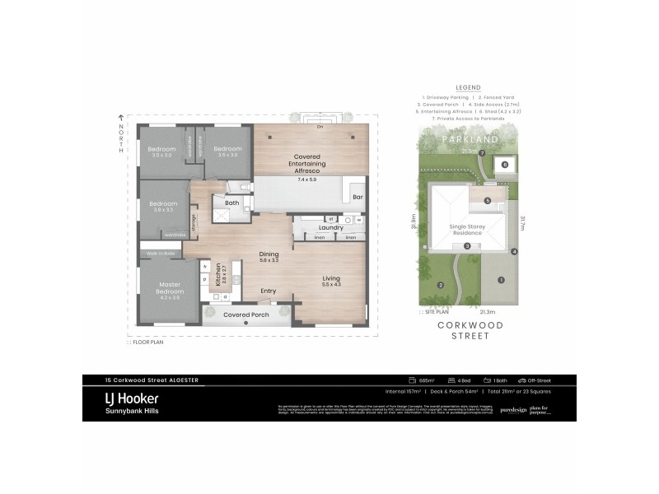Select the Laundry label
pos(330,227)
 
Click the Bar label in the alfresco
pos(358,198)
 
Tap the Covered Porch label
pos(245,315)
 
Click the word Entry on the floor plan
pos(268,291)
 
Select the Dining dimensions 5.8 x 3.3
pos(269,261)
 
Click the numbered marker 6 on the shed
pos(505,164)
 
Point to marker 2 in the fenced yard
pos(441,285)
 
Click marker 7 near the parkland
pos(483,154)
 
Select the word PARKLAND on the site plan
pos(470,140)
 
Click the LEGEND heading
pos(467,86)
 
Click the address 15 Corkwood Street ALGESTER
pos(152,380)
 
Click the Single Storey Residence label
pos(467,229)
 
